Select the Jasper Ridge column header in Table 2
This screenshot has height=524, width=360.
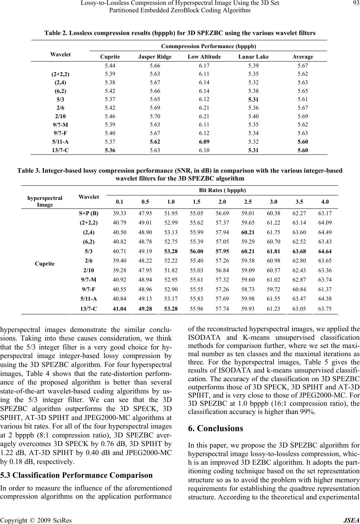[155, 57]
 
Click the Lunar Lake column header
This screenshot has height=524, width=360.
[254, 57]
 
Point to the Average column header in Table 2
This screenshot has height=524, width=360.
[303, 57]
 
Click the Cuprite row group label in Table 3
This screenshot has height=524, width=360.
[44, 264]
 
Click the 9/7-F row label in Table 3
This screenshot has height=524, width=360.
[89, 289]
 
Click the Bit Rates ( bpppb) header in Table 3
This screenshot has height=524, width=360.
[222, 190]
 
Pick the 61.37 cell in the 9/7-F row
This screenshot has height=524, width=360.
[325, 289]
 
